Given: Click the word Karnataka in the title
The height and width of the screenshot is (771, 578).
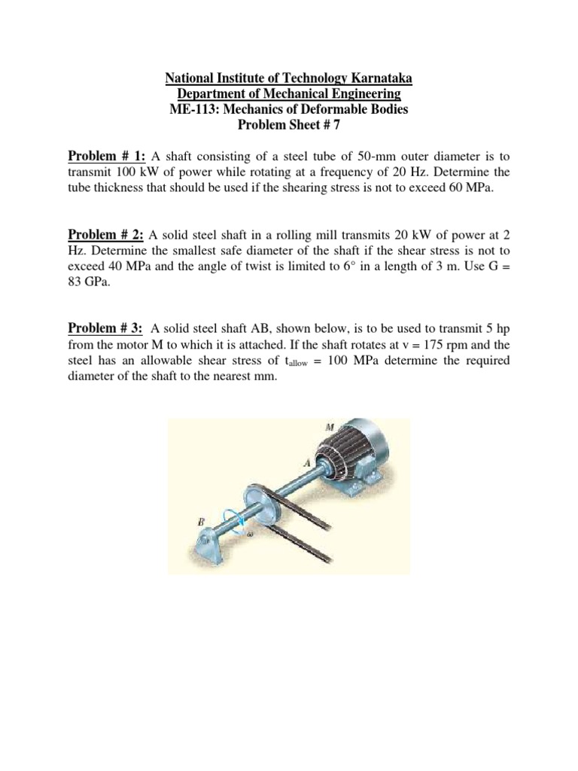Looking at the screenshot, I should (378, 79).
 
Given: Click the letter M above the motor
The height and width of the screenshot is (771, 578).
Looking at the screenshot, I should (329, 427).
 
